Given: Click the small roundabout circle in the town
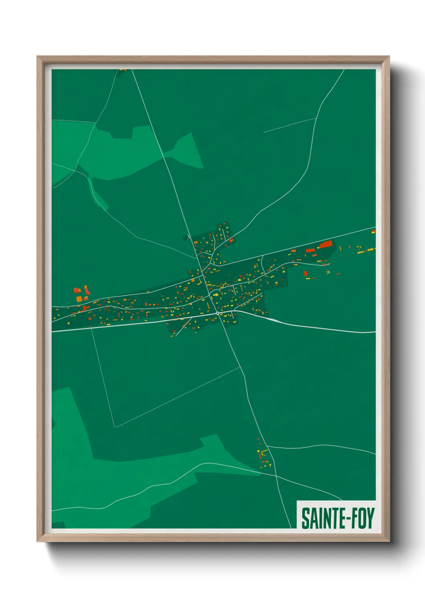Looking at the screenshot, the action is click(x=217, y=313).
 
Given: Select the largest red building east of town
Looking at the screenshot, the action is click(x=326, y=244).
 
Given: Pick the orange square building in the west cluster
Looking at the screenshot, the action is click(x=79, y=298).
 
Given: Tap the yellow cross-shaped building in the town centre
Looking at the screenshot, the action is click(x=217, y=295).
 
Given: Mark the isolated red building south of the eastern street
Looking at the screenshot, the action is click(x=305, y=274).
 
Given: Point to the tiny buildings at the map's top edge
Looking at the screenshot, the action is click(x=123, y=70).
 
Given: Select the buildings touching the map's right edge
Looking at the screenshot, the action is click(x=373, y=232).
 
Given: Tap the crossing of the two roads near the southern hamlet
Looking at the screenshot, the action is click(x=276, y=476).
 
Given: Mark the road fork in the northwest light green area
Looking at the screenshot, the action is click(x=75, y=170).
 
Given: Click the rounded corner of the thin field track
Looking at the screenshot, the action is click(x=115, y=426).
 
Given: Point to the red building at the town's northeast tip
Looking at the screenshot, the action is click(x=231, y=240).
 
